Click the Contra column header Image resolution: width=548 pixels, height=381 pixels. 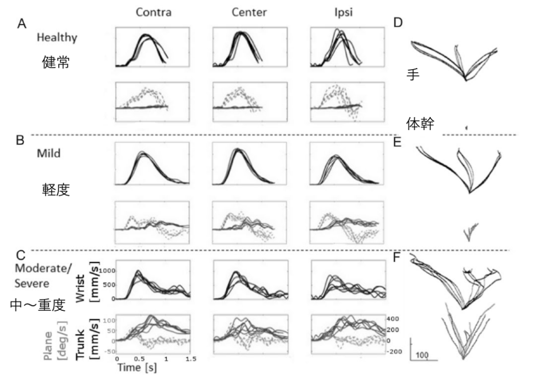(154, 12)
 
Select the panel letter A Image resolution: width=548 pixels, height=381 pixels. (22, 25)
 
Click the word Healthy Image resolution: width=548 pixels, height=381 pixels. (57, 38)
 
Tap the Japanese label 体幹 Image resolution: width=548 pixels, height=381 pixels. (421, 124)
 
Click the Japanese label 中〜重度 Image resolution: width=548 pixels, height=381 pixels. (37, 305)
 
